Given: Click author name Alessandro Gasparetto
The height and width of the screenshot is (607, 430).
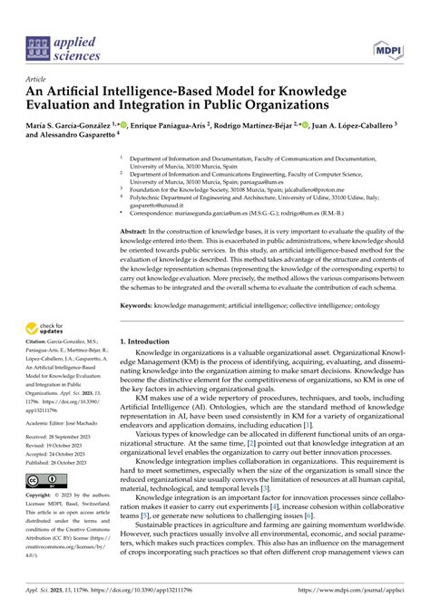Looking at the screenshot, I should click(x=73, y=135).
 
